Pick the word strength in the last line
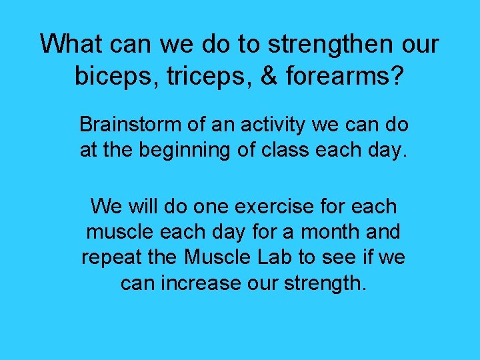(325, 283)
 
